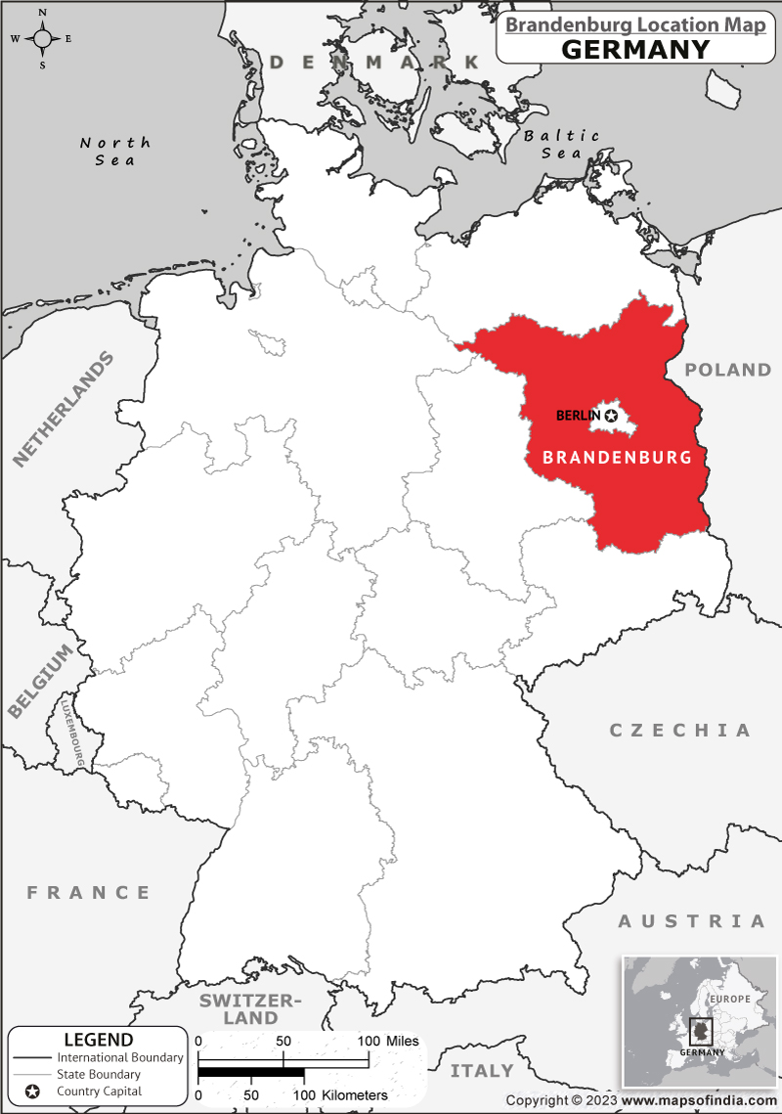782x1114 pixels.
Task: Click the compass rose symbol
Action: pos(43,39)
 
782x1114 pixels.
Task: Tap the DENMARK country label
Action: pos(375,63)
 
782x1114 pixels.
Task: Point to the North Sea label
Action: pos(115,151)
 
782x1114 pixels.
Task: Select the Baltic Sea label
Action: pos(562,144)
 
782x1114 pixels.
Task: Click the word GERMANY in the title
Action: pos(635,48)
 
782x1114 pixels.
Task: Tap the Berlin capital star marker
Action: pos(612,416)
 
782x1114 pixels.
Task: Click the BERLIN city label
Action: pos(578,416)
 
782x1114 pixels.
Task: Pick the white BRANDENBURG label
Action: pos(617,457)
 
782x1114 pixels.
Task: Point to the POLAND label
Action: pos(727,370)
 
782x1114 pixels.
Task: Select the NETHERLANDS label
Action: pos(64,407)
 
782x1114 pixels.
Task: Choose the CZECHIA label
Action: pos(680,731)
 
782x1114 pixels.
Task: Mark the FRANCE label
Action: pos(89,892)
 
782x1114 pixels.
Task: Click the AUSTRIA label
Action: pos(691,921)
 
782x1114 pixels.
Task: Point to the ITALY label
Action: pos(482,1070)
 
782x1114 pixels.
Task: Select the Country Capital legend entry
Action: pos(99,1091)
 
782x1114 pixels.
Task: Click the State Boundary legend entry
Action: pos(98,1074)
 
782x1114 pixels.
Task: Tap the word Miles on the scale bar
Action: pos(402,1041)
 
